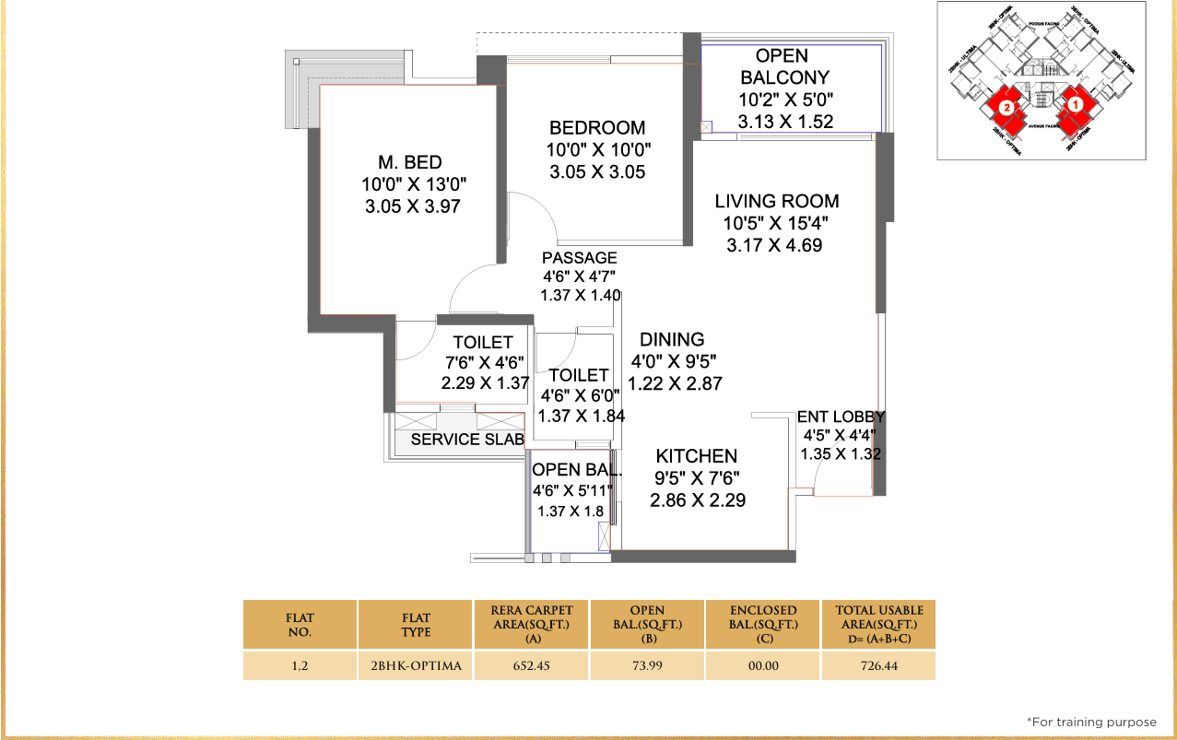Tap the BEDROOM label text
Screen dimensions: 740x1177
597,128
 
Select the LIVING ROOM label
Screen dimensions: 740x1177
776,201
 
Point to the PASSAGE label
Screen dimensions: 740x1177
579,258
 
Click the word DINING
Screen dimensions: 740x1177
672,339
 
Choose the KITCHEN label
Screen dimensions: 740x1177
696,456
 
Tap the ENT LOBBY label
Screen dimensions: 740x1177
840,417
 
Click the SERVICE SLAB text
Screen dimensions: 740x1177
467,440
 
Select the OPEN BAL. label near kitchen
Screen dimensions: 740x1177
576,470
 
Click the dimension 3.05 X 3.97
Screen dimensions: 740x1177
412,207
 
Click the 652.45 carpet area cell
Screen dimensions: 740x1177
532,665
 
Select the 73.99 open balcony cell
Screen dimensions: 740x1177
647,665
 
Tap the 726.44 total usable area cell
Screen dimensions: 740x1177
878,665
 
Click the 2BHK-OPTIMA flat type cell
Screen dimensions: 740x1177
417,665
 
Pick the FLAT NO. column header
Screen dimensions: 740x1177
300,624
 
